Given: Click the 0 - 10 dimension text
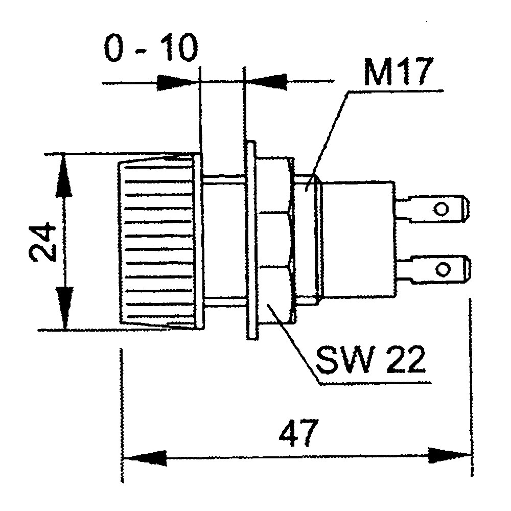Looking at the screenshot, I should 151,50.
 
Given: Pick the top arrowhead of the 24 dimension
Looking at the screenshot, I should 63,174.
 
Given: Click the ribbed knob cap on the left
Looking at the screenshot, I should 158,241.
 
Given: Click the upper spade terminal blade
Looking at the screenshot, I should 434,208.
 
